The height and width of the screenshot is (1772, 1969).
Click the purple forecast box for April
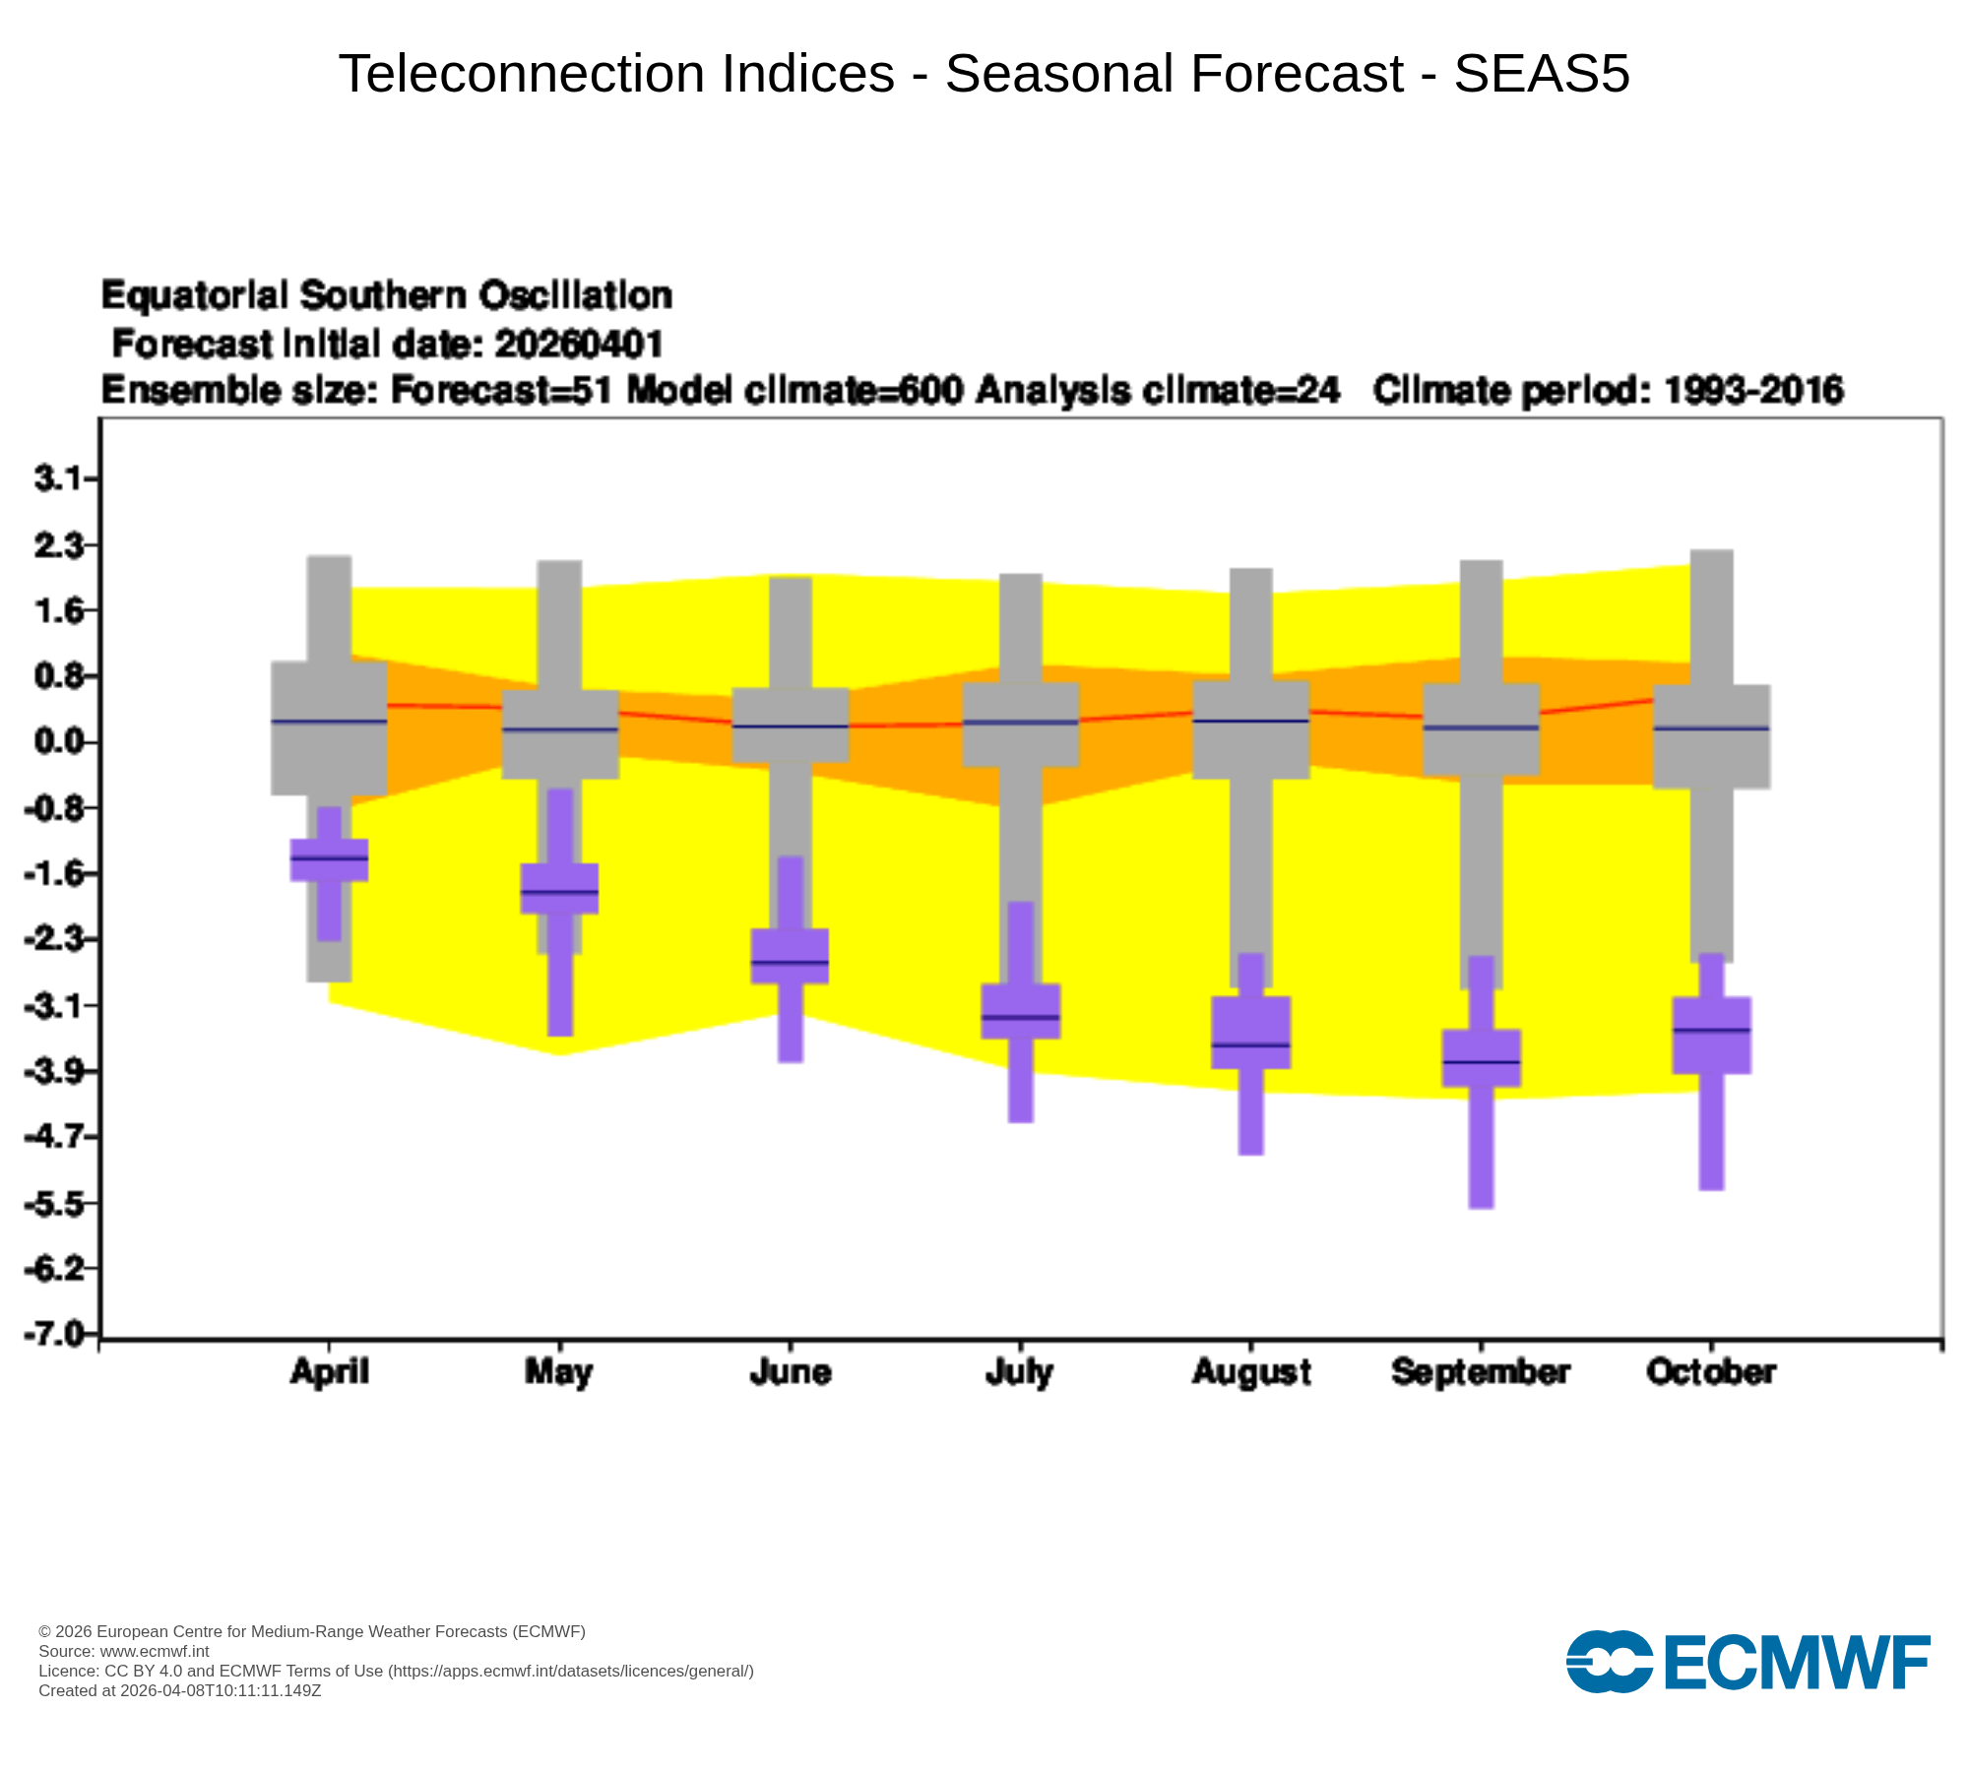pos(329,859)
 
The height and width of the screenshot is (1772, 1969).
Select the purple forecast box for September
pos(1481,1058)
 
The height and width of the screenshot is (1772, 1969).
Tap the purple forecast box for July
pos(1020,1011)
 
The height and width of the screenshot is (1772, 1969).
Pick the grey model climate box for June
pos(791,725)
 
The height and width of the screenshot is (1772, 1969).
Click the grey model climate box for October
pos(1711,736)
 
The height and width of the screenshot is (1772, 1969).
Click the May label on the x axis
pos(559,1371)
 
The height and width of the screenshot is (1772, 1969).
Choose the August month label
pos(1251,1372)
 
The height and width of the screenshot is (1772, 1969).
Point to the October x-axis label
pos(1711,1371)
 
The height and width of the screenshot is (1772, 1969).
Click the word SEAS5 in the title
pos(1542,73)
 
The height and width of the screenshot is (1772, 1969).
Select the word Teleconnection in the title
pos(617,73)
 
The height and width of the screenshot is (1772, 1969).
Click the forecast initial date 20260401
pos(579,344)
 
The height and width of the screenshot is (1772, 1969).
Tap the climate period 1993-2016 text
pos(1753,391)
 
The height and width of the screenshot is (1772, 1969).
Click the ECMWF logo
pos(1747,1663)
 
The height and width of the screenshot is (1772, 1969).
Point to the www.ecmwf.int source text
pos(155,1651)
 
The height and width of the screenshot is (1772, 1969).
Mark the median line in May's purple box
pos(559,892)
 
